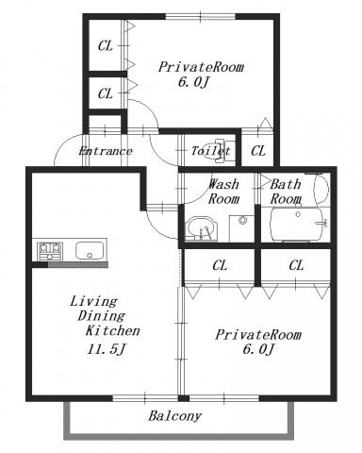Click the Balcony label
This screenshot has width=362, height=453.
point(174,416)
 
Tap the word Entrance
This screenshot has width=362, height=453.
point(106,151)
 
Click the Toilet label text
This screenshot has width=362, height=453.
point(211,151)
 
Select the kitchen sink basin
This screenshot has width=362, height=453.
point(90,250)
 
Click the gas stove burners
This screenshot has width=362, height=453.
point(50,251)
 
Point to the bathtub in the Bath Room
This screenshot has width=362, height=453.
point(297,225)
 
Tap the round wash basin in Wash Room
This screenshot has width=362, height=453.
point(202,228)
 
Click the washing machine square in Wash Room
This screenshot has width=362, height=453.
point(241,228)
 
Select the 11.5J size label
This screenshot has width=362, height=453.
point(107,349)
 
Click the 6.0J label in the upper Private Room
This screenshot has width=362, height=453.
point(194,82)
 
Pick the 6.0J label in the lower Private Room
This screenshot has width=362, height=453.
point(259,349)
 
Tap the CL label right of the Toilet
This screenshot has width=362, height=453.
point(258,151)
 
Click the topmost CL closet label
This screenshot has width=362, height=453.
point(106,46)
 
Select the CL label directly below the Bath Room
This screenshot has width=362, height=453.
point(296,265)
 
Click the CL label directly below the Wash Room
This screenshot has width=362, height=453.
point(220,265)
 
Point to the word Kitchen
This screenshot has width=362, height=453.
point(113,331)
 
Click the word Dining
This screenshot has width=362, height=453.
point(102,316)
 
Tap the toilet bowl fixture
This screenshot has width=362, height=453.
point(222,151)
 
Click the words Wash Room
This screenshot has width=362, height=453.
point(223,192)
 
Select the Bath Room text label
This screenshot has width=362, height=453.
point(286,192)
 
